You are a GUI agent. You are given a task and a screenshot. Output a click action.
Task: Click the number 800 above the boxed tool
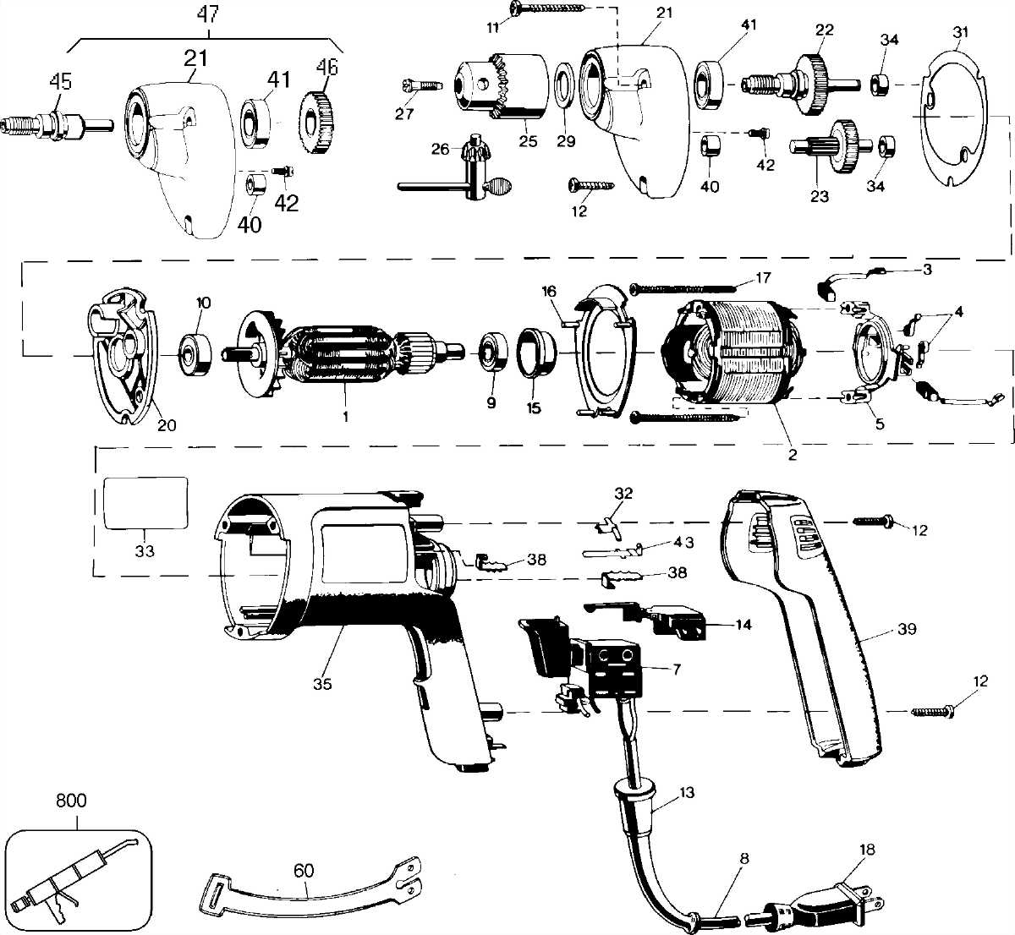pos(70,800)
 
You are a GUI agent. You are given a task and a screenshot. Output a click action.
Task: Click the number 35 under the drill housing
pos(322,684)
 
